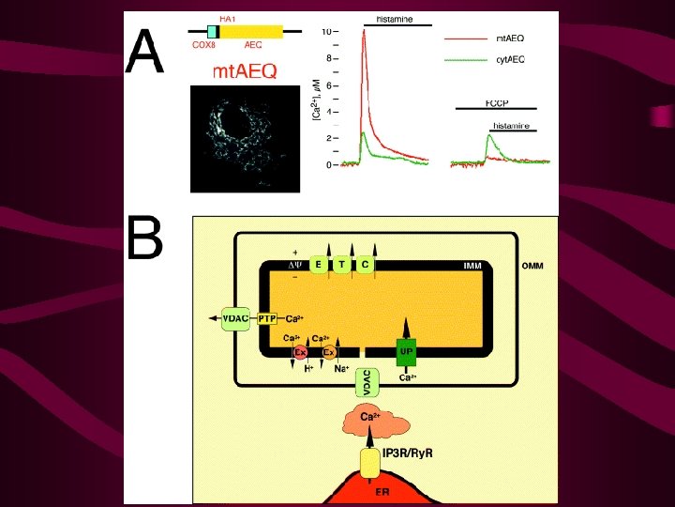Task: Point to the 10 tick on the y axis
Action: [x=327, y=31]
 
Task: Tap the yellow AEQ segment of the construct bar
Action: [x=251, y=32]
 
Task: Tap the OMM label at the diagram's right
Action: [x=533, y=266]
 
